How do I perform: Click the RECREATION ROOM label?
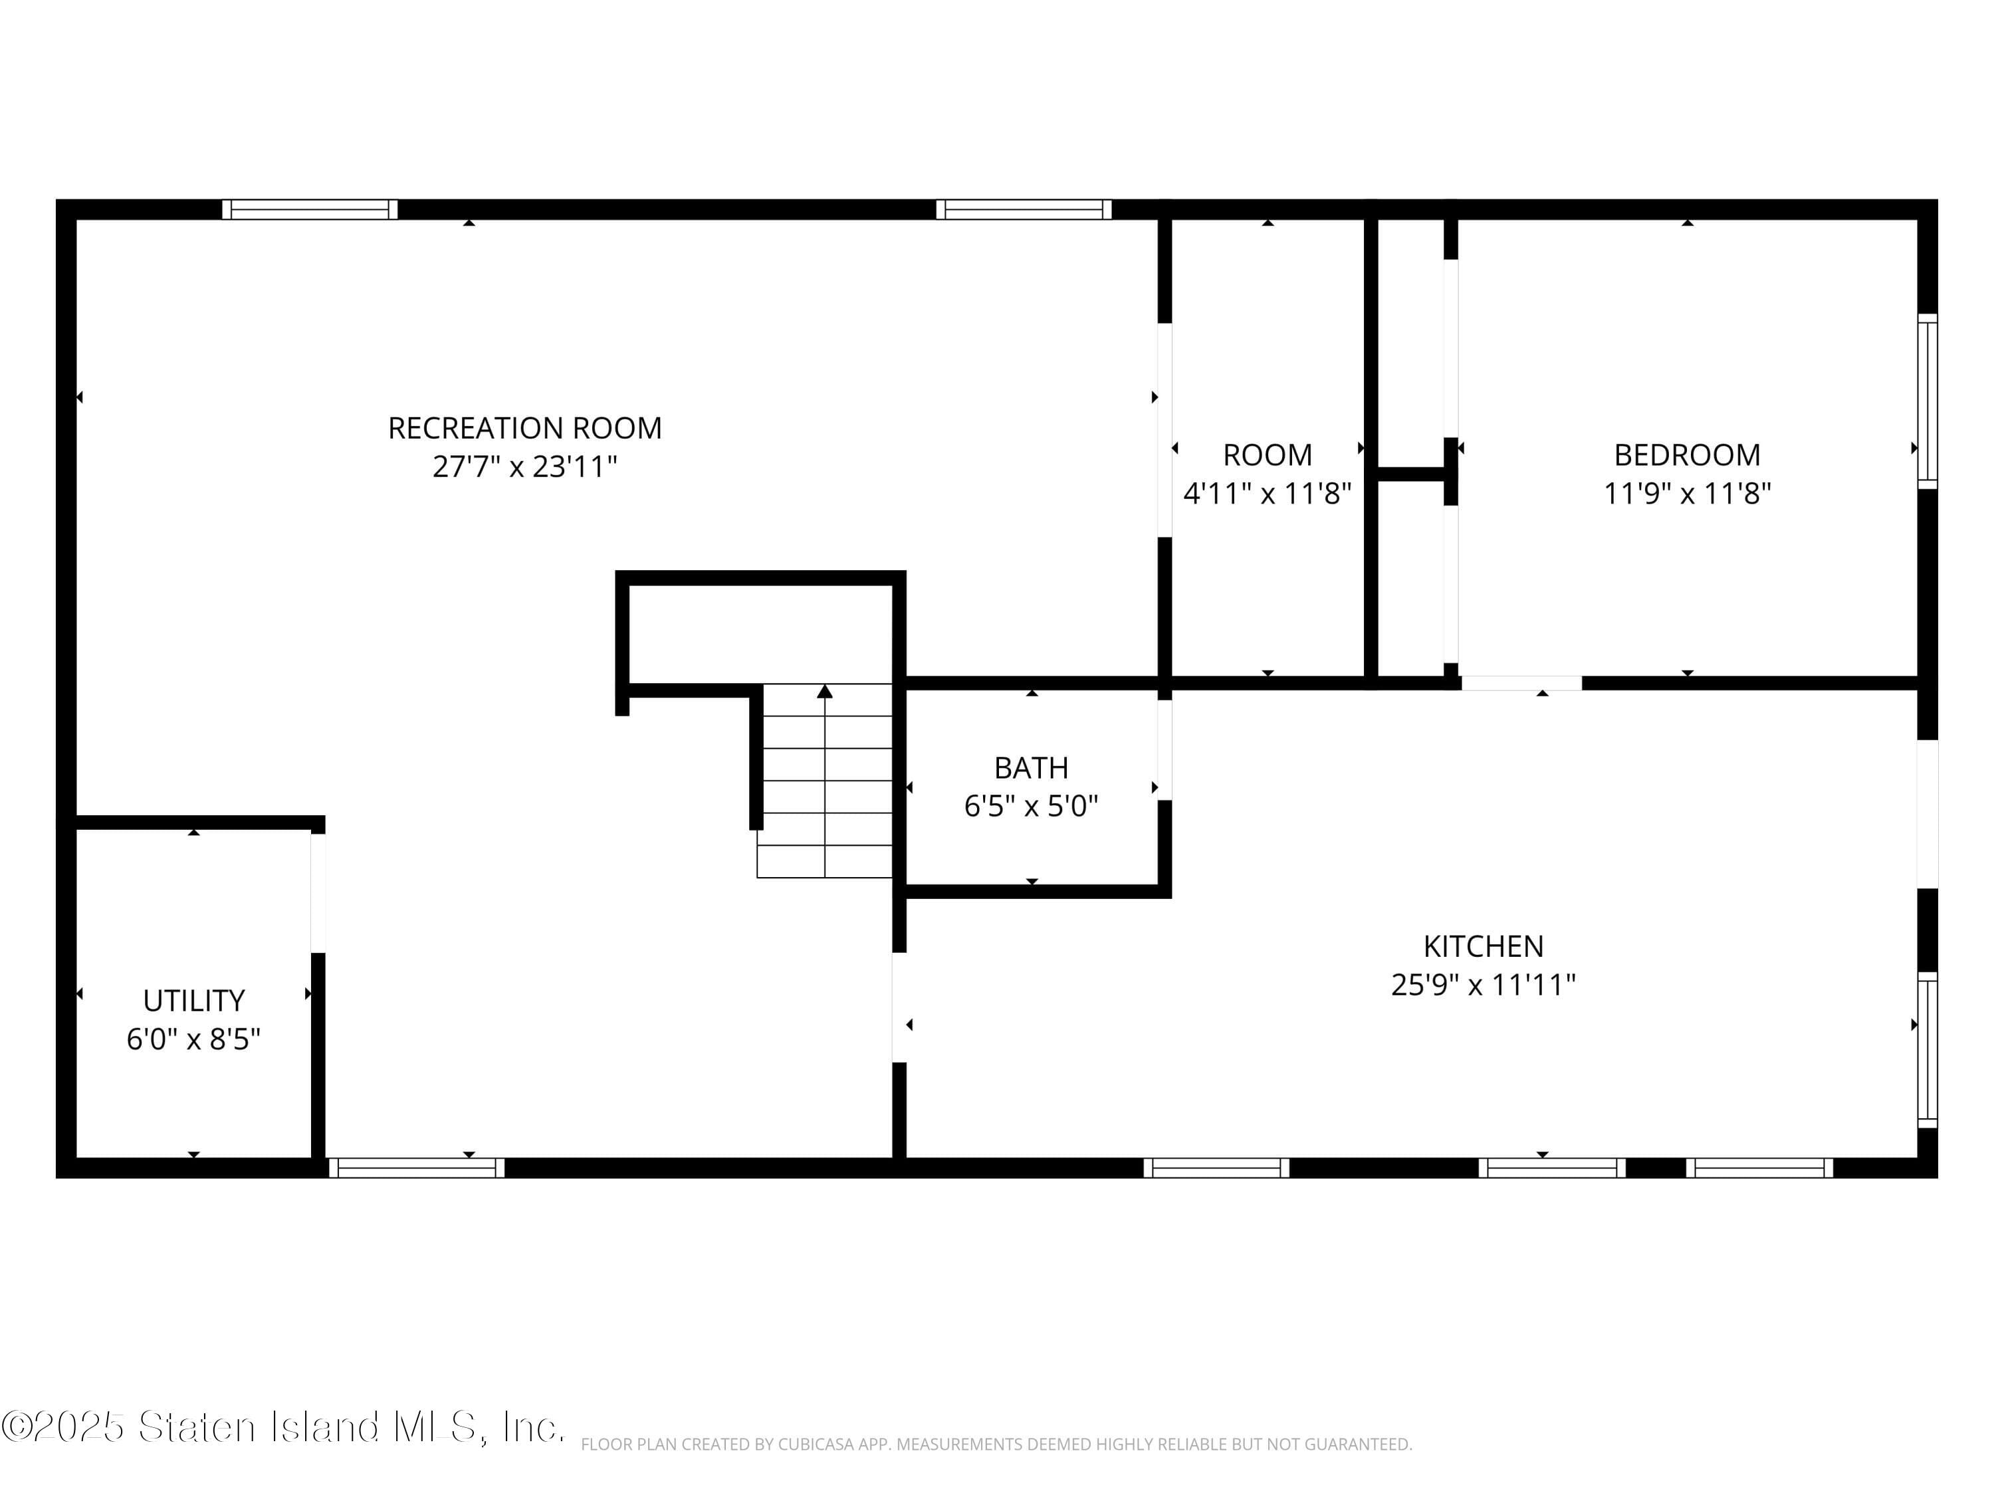click(x=524, y=428)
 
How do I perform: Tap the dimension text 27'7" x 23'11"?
click(x=524, y=467)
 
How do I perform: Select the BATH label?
click(x=1032, y=768)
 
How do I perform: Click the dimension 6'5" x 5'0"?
click(x=1032, y=805)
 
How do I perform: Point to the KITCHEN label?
click(x=1483, y=946)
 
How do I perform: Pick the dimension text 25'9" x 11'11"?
click(x=1483, y=985)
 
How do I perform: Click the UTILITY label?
click(x=194, y=1001)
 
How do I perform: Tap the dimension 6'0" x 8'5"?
click(x=194, y=1040)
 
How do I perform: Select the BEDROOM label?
click(x=1687, y=455)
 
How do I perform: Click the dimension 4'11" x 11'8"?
click(x=1267, y=494)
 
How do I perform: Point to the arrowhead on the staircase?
click(x=824, y=691)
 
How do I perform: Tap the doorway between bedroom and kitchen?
click(x=1521, y=683)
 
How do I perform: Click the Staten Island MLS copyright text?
click(x=282, y=1427)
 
